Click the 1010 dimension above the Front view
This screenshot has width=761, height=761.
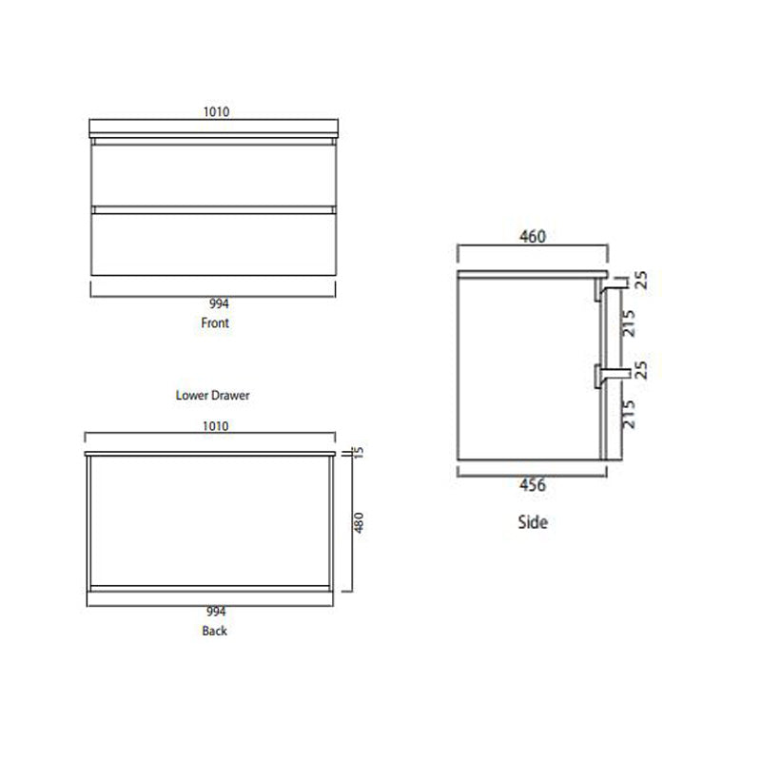pyautogui.click(x=215, y=111)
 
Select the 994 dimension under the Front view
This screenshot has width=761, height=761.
pyautogui.click(x=215, y=304)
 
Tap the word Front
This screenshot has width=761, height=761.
pyautogui.click(x=215, y=323)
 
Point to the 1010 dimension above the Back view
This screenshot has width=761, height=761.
pyautogui.click(x=215, y=426)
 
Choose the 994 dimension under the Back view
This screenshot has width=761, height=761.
pyautogui.click(x=215, y=612)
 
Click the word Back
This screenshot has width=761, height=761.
pyautogui.click(x=215, y=631)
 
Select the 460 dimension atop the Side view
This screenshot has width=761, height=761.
pyautogui.click(x=533, y=237)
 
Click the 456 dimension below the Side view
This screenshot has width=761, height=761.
pyautogui.click(x=533, y=486)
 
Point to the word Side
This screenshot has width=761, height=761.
pyautogui.click(x=533, y=522)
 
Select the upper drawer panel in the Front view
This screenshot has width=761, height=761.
pyautogui.click(x=213, y=173)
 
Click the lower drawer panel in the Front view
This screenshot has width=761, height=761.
pyautogui.click(x=213, y=243)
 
